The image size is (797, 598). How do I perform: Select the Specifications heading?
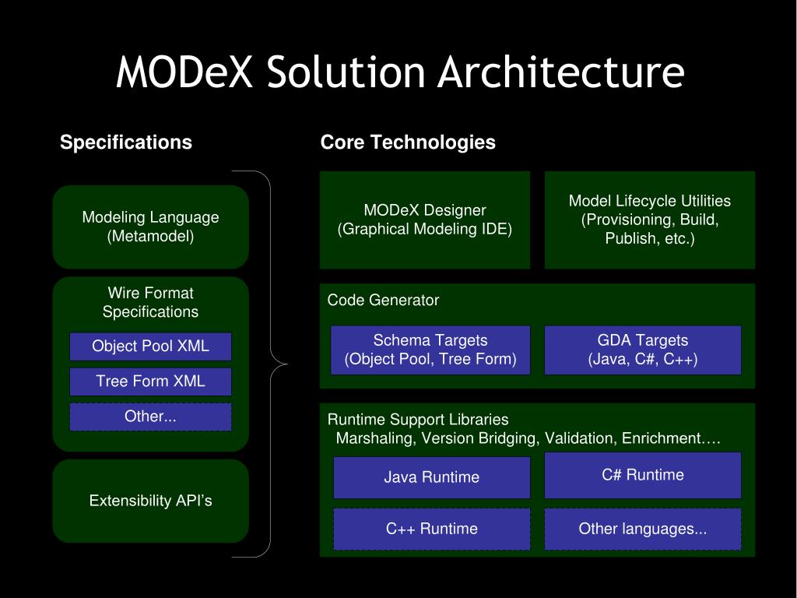[x=126, y=142]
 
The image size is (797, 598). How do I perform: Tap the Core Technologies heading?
[x=408, y=142]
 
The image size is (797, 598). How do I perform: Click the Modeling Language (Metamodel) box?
[x=150, y=227]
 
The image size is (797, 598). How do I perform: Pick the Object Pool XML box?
[x=150, y=346]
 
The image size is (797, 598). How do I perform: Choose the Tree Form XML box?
[x=150, y=382]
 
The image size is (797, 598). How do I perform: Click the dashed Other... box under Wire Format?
[x=150, y=417]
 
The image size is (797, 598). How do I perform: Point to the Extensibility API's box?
[x=150, y=501]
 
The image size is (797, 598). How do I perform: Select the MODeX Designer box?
[x=424, y=220]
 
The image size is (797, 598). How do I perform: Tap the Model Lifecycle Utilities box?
[x=649, y=220]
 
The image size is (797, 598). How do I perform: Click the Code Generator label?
[x=383, y=301]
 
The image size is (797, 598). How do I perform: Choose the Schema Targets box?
[x=430, y=350]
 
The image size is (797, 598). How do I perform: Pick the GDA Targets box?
[x=642, y=350]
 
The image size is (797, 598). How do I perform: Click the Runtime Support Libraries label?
[x=418, y=420]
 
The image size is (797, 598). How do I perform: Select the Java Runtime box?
[x=431, y=477]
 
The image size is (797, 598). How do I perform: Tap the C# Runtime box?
[x=642, y=475]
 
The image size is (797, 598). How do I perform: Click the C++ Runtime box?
[x=431, y=529]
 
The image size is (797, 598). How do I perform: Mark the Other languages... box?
[x=642, y=529]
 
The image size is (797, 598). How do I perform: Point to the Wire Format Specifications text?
[x=150, y=303]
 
